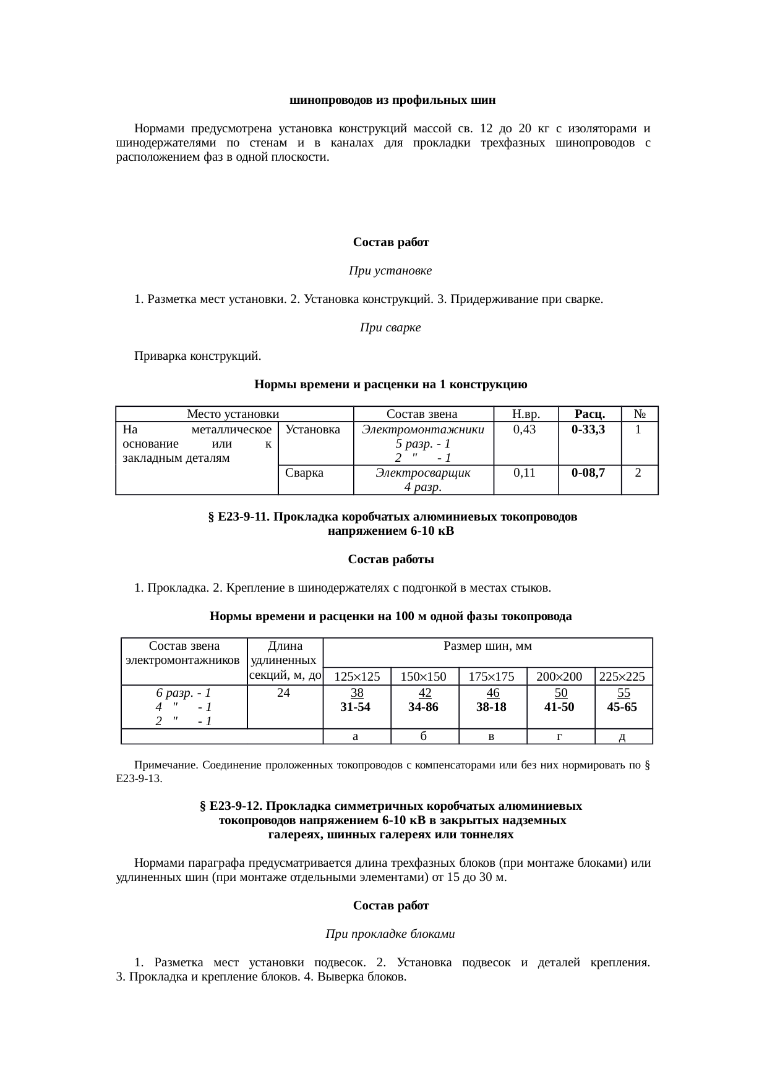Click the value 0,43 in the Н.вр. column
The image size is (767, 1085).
pos(525,429)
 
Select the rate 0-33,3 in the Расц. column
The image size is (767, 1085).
pos(588,429)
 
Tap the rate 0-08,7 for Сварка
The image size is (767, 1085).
pos(588,473)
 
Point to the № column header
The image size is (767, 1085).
pos(640,414)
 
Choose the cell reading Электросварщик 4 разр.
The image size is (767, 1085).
pos(423,480)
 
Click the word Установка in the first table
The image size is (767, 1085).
pos(313,429)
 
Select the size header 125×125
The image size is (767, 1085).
pos(357,676)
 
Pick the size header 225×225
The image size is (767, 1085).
pos(622,676)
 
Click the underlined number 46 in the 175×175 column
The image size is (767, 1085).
pos(493,693)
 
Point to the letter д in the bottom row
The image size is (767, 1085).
pos(623,736)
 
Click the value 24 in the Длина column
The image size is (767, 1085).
pos(283,693)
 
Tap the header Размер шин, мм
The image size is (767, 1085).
pos(488,647)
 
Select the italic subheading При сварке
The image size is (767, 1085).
pos(390,328)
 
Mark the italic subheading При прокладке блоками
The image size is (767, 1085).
pos(390,934)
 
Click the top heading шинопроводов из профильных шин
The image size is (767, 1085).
pos(393,100)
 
